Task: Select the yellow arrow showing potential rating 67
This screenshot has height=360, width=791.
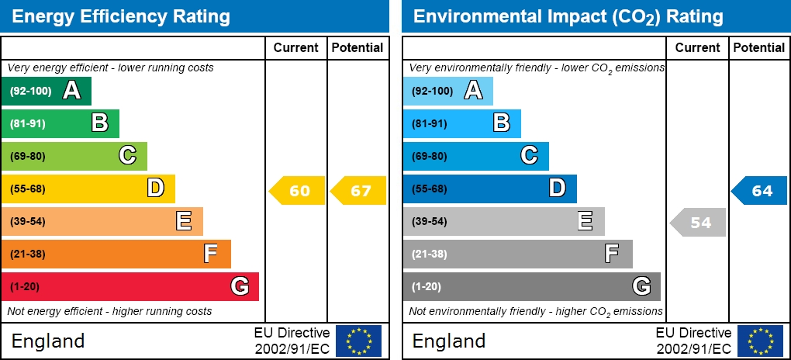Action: coord(359,191)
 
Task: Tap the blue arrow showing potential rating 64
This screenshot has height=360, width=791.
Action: coord(760,191)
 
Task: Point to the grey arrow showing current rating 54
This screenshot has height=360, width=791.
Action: coord(698,223)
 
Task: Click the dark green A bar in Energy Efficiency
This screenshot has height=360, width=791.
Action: coord(47,91)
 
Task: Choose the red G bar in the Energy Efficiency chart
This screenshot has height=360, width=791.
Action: coord(130,286)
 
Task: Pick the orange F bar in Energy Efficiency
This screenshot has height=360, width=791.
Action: coord(116,254)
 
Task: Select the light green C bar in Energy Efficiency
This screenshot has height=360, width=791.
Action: coord(74,156)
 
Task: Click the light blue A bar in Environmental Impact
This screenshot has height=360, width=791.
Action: coord(447,91)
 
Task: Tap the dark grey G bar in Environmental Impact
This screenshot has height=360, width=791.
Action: coord(531,286)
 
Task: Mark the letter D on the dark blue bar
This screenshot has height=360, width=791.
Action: coord(557,189)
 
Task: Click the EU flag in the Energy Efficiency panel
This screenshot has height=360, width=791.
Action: coord(358,341)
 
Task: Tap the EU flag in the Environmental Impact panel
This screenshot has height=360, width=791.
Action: coord(760,341)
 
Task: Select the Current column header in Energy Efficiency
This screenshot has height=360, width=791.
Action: coord(296,48)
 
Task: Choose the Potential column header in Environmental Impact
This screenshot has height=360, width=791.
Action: coord(759,48)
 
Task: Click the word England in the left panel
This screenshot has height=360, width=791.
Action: coord(48,341)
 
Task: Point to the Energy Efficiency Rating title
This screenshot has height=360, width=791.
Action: coord(122,16)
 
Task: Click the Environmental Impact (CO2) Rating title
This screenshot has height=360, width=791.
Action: coord(568,16)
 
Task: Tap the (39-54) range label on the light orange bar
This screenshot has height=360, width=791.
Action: coord(28,222)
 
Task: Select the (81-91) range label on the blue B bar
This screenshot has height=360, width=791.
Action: coord(429,123)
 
